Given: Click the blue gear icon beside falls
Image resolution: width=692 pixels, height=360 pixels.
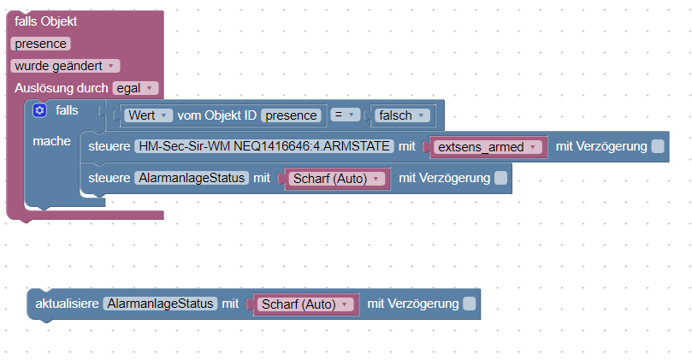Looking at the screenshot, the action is [x=39, y=110].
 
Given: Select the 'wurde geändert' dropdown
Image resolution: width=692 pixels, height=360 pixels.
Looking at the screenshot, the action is [x=65, y=66].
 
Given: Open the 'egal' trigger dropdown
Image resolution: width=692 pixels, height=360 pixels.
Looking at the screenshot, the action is [x=135, y=88].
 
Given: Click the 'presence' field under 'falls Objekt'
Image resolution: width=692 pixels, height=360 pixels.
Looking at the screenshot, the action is [x=40, y=44].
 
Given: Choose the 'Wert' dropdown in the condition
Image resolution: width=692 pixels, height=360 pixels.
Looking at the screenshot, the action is [x=147, y=115].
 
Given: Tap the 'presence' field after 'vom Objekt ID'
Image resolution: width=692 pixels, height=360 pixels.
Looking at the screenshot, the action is [x=292, y=115].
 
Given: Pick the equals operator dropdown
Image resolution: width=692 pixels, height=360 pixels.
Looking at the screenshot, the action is [x=345, y=115].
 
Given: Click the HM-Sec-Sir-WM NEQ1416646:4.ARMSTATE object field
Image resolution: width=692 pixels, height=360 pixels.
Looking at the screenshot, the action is [x=264, y=146].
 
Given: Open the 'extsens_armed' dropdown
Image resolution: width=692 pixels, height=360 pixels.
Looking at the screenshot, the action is [x=488, y=147].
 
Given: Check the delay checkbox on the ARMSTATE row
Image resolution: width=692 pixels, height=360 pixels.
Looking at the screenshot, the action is [x=658, y=146].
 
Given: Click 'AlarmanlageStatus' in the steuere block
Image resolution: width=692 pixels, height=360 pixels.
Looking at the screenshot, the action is [x=192, y=178].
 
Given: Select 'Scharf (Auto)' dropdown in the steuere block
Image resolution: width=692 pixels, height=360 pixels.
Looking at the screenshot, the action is [x=337, y=179].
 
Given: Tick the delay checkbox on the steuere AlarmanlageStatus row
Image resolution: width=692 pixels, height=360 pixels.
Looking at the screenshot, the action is [x=501, y=178].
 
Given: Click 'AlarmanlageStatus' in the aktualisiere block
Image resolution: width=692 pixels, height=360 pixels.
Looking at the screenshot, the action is [x=160, y=304].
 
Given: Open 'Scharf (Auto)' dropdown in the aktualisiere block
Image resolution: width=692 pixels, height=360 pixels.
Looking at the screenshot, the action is [x=305, y=304].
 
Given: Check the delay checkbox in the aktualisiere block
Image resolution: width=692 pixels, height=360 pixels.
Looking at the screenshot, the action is [x=470, y=304].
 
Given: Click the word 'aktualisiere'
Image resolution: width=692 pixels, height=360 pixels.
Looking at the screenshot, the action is [x=67, y=304].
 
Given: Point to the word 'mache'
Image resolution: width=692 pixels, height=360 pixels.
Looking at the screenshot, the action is [x=51, y=141].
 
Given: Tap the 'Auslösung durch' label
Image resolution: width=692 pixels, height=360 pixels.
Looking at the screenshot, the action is [x=62, y=88].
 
